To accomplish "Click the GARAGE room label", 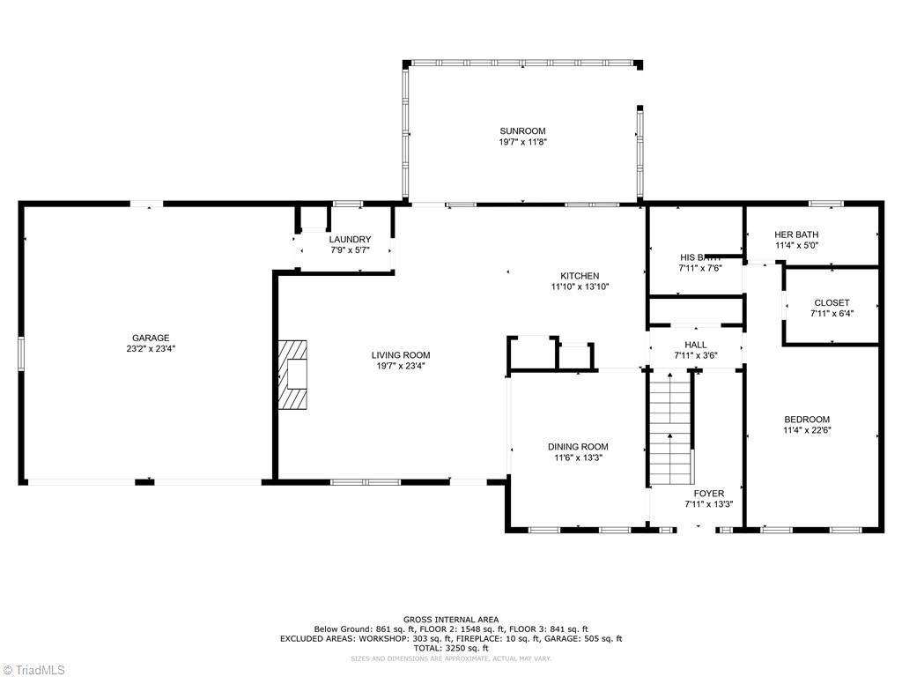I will point(151,338).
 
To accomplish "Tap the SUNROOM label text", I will point(523,131).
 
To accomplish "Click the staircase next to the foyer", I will point(670,428).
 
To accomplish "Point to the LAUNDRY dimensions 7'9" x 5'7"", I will point(350,250).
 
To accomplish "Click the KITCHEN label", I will point(580,276).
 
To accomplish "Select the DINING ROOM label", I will point(578,447).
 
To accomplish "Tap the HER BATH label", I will point(796,234).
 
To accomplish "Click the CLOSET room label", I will point(832,302).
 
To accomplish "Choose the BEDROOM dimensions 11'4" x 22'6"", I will point(807,430).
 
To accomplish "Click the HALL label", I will point(695,345).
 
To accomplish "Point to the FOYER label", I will point(708,494).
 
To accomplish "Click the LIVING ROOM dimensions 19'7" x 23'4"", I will point(401,366).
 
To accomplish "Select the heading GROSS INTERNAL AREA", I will point(451,620).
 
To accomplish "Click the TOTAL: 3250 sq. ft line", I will point(451,648).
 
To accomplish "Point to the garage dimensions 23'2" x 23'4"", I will point(151,349).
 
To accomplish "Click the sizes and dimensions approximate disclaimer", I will point(451,658).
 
